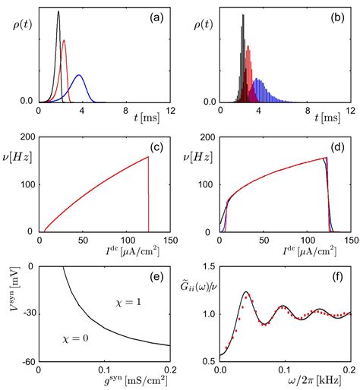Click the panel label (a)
coord(159,18)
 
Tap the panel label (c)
coord(159,149)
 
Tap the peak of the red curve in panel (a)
coord(64,41)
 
